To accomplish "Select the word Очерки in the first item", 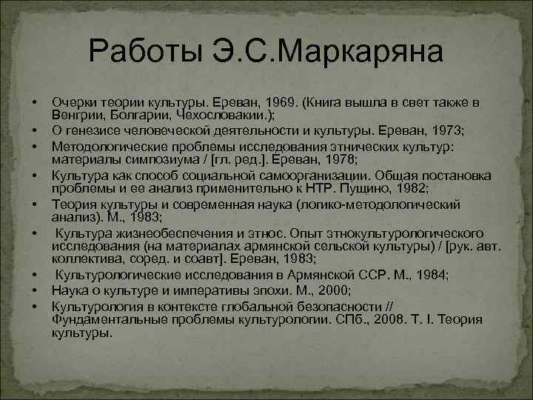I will (73, 101).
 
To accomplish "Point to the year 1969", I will (278, 101).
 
